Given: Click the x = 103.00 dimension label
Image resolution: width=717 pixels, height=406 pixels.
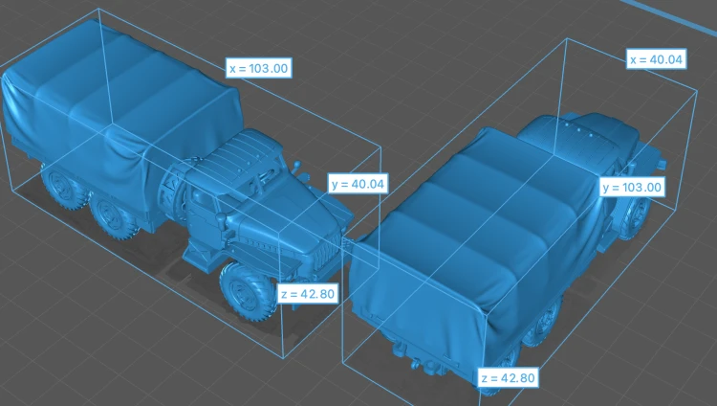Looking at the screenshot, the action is point(259,68).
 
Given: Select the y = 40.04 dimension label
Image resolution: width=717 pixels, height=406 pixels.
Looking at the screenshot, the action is point(358,184).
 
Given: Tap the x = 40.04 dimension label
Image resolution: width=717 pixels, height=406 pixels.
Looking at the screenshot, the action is point(656,59).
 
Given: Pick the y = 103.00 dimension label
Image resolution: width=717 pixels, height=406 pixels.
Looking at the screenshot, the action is point(632,187).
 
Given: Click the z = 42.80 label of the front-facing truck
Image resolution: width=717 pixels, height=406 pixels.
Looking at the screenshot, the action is point(308,293).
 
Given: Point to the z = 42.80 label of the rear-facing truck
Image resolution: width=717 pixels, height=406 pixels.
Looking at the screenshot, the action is point(508,377).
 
